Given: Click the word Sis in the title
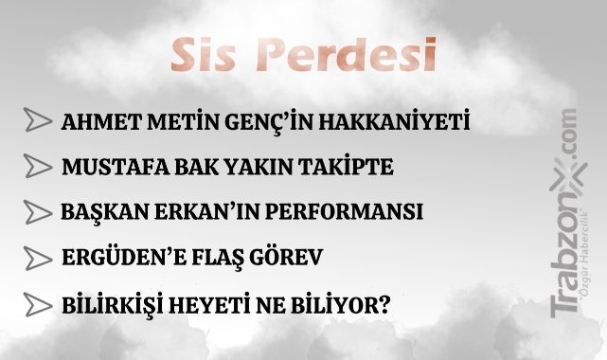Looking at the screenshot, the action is click(203, 55).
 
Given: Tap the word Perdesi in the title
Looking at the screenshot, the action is click(346, 54).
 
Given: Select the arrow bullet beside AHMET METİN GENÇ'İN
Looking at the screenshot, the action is click(38, 119).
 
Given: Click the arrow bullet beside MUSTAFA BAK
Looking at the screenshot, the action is click(38, 166).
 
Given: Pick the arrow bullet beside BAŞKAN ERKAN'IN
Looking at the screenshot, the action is click(38, 212).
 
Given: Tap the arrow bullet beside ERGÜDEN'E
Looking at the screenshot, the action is click(38, 258).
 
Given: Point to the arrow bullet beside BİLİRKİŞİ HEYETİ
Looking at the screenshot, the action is click(38, 304).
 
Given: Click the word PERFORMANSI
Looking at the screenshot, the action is click(345, 212).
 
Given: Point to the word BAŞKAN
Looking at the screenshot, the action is click(104, 213).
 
